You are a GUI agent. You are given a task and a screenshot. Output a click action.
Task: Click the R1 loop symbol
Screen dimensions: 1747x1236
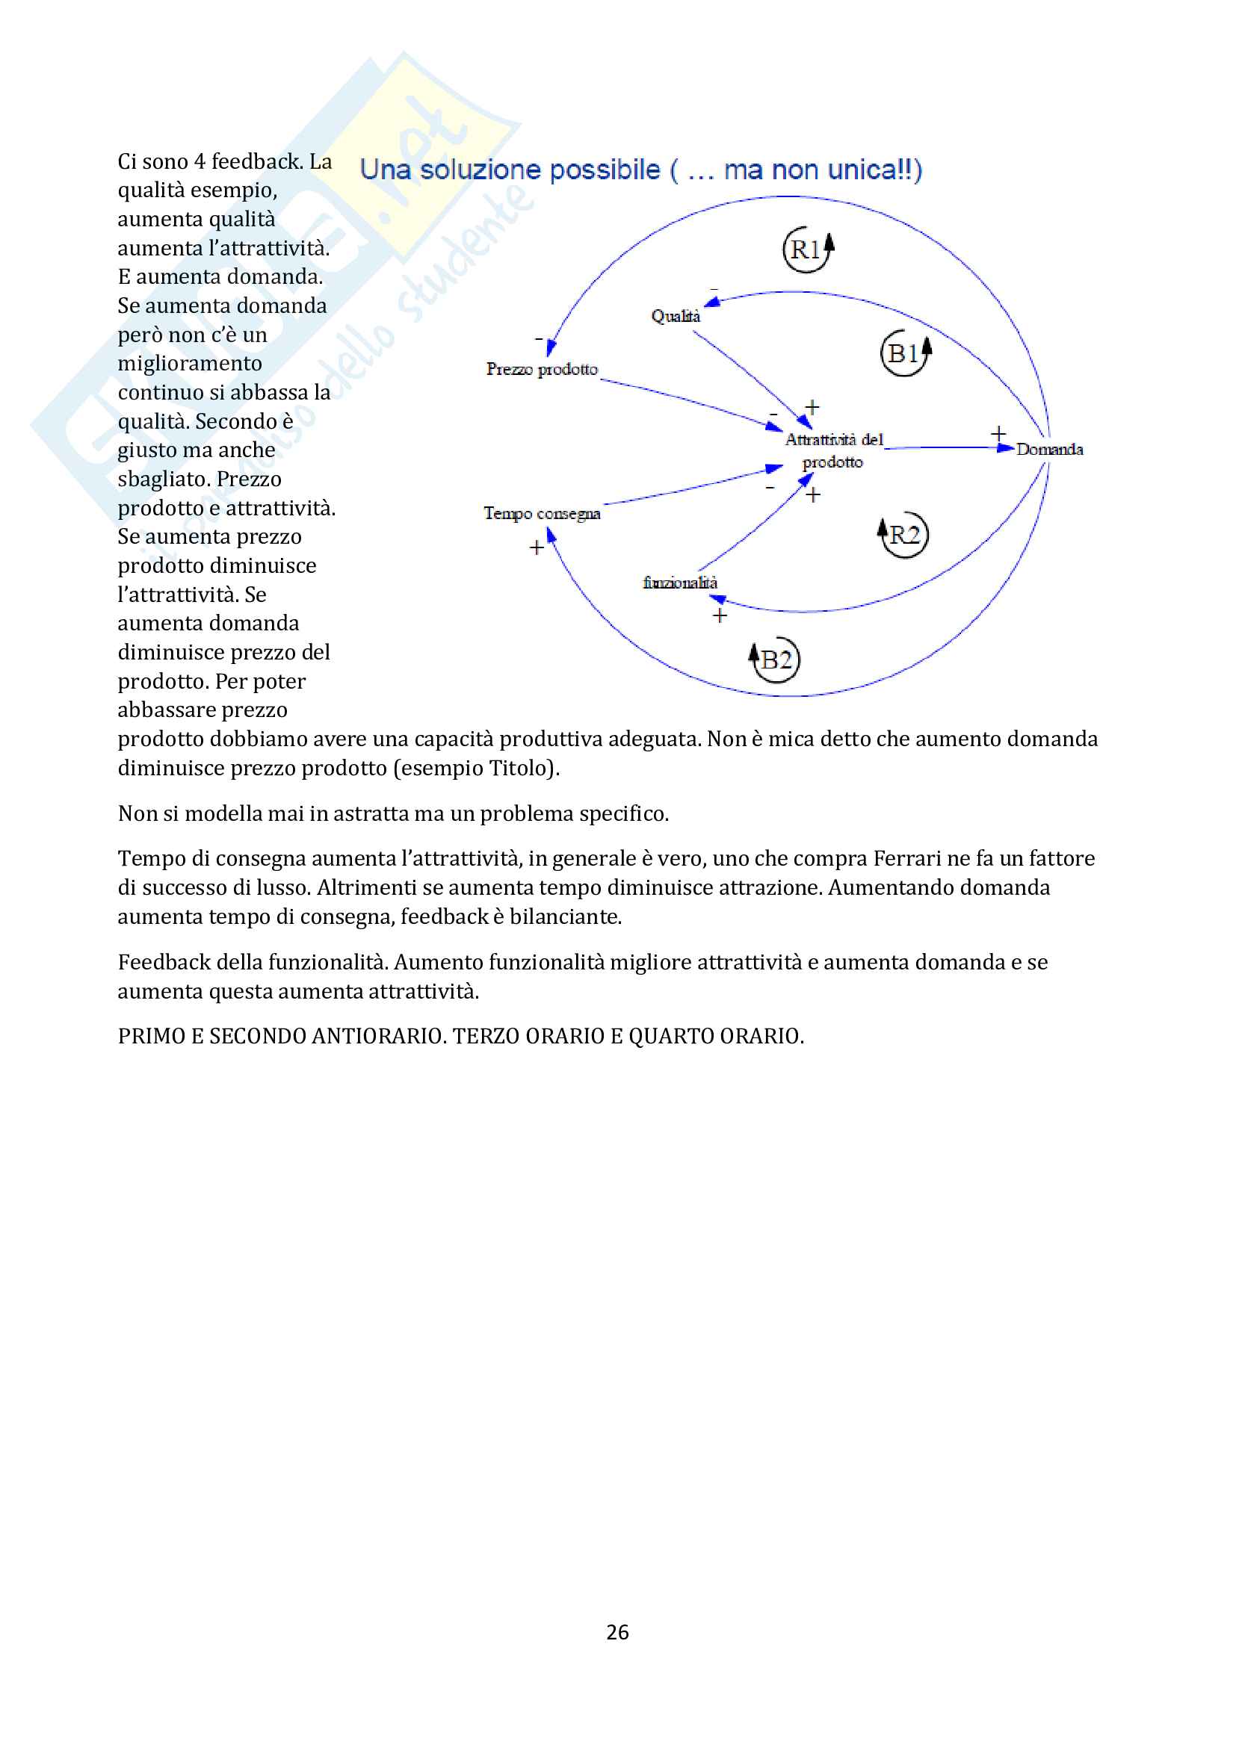pyautogui.click(x=808, y=249)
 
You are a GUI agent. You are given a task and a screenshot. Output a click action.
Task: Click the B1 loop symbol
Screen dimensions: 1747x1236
pyautogui.click(x=905, y=353)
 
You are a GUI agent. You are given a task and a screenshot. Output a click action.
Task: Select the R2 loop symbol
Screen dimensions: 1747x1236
pyautogui.click(x=903, y=535)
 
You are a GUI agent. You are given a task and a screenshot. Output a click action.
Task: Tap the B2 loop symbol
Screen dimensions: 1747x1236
pyautogui.click(x=775, y=660)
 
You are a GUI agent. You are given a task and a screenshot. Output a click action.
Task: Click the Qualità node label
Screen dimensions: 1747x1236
pyautogui.click(x=675, y=316)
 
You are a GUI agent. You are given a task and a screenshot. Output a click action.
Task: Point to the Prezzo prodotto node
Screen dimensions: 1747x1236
pyautogui.click(x=542, y=369)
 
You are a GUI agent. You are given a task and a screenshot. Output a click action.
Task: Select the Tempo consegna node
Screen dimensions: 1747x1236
pyautogui.click(x=542, y=514)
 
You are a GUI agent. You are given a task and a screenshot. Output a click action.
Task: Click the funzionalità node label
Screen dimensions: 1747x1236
pyautogui.click(x=679, y=583)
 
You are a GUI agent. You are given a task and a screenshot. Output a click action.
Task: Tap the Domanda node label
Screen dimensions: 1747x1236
pyautogui.click(x=1048, y=450)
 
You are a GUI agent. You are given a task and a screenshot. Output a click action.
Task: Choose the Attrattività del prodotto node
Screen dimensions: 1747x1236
pyautogui.click(x=833, y=450)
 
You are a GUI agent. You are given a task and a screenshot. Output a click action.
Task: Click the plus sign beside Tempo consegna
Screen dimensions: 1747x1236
pyautogui.click(x=537, y=547)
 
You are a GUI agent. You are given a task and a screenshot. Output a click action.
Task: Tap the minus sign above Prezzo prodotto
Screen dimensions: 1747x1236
pyautogui.click(x=539, y=338)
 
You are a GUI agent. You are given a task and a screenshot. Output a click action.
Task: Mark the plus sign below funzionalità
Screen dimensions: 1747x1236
pyautogui.click(x=719, y=615)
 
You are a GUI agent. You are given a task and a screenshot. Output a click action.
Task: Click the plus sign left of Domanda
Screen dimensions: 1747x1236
pyautogui.click(x=998, y=434)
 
